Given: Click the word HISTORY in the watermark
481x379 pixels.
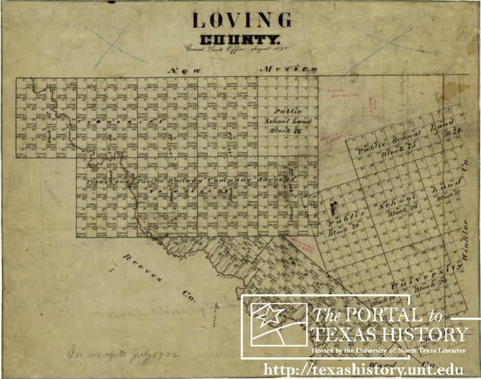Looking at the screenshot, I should (x=429, y=335).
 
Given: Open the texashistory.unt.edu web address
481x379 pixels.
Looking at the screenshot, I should (x=371, y=369).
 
